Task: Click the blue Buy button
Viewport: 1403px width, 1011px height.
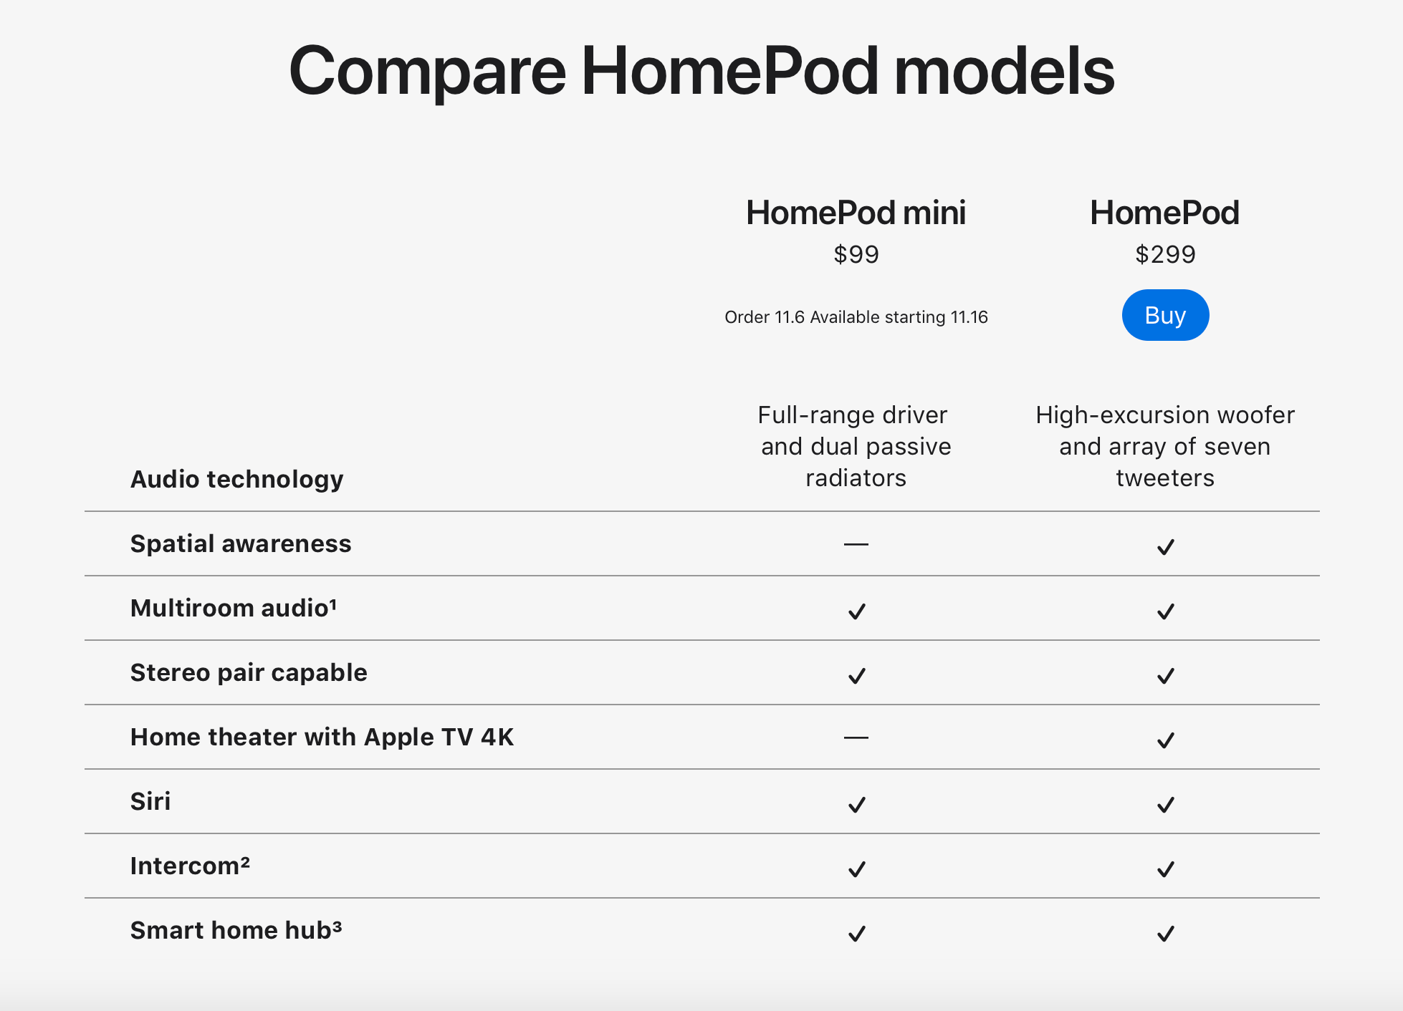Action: tap(1165, 315)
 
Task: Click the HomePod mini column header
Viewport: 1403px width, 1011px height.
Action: tap(856, 213)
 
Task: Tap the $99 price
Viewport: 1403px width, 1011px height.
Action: tap(856, 254)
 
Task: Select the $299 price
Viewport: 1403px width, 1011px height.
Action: tap(1165, 254)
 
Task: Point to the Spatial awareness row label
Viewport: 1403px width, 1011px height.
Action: tap(241, 543)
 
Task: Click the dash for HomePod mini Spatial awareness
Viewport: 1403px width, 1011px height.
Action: tap(856, 544)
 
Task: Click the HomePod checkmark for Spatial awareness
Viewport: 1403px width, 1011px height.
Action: tap(1166, 547)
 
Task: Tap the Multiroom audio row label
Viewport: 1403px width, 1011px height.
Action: tap(234, 608)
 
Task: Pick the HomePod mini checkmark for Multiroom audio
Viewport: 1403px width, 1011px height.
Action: tap(857, 611)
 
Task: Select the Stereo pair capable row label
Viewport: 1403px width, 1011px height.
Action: tap(249, 672)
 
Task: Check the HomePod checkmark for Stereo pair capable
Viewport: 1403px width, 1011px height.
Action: tap(1166, 676)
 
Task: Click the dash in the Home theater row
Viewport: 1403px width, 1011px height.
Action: tap(856, 737)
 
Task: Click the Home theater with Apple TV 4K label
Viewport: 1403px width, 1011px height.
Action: tap(322, 737)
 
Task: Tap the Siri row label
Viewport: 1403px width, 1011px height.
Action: tap(150, 801)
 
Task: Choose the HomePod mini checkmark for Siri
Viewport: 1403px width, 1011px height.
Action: tap(857, 805)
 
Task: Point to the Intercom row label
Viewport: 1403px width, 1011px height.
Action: tap(190, 866)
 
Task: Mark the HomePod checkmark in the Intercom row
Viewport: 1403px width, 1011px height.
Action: tap(1166, 869)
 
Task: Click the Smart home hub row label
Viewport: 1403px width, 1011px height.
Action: tap(236, 930)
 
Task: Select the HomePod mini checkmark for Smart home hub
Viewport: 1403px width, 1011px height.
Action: tap(857, 934)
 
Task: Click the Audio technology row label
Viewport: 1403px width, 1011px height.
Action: tap(236, 479)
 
